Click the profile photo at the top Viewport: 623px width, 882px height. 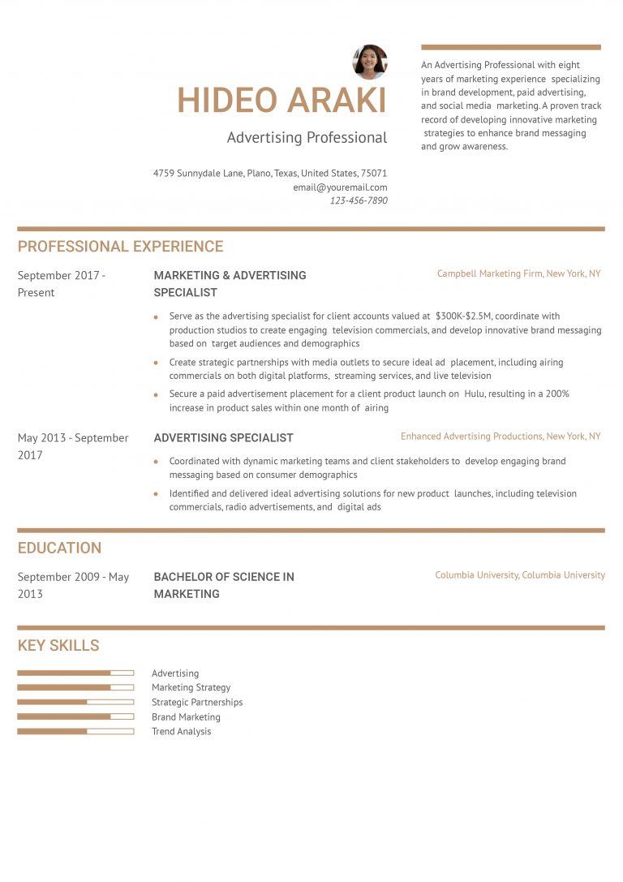(x=370, y=62)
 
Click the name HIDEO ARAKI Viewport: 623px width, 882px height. (x=281, y=101)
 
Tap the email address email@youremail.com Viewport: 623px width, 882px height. (x=340, y=187)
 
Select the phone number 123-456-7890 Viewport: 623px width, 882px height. (x=359, y=200)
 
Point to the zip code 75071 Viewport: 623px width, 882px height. (x=374, y=174)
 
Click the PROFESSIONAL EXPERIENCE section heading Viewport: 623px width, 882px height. (x=120, y=247)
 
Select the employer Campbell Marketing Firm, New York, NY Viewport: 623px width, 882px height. (x=518, y=274)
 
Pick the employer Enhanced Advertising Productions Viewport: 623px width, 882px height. (x=472, y=437)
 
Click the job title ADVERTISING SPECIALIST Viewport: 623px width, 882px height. (x=223, y=438)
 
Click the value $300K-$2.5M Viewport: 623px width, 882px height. (x=464, y=316)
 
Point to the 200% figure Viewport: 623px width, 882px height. (x=560, y=394)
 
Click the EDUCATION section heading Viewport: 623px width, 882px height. (x=59, y=548)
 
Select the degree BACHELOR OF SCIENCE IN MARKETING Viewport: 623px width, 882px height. (x=224, y=585)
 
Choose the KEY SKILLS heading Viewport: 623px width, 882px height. (x=58, y=646)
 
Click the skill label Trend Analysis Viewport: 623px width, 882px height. (x=181, y=732)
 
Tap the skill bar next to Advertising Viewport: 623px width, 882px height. (x=75, y=673)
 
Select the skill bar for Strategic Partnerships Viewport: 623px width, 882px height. (x=75, y=702)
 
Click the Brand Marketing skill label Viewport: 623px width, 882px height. (x=186, y=717)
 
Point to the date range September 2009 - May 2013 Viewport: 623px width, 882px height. (x=73, y=585)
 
